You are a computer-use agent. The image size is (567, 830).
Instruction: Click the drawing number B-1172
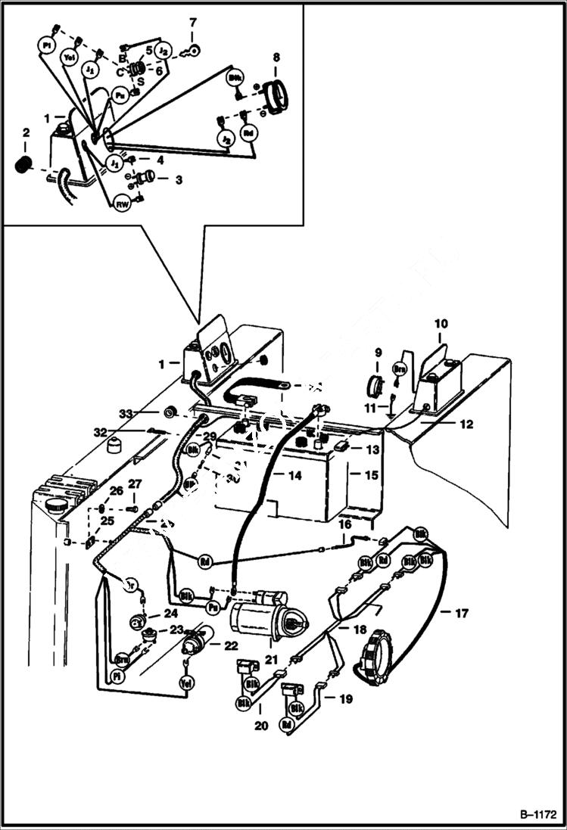tap(539, 815)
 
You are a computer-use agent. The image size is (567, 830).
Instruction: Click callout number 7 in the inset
tap(192, 23)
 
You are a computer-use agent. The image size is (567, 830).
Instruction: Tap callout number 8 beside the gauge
tap(276, 57)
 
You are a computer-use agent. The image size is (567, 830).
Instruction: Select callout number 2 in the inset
tap(26, 133)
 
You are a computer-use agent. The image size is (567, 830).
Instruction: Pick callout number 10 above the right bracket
tap(441, 324)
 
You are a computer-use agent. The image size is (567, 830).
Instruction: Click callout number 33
tap(125, 413)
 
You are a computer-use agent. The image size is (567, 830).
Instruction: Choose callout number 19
tap(345, 699)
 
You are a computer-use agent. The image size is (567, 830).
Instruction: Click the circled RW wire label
tap(121, 204)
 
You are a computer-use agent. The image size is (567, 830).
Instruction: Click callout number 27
tap(134, 483)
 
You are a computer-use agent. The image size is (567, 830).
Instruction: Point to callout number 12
tap(466, 425)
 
